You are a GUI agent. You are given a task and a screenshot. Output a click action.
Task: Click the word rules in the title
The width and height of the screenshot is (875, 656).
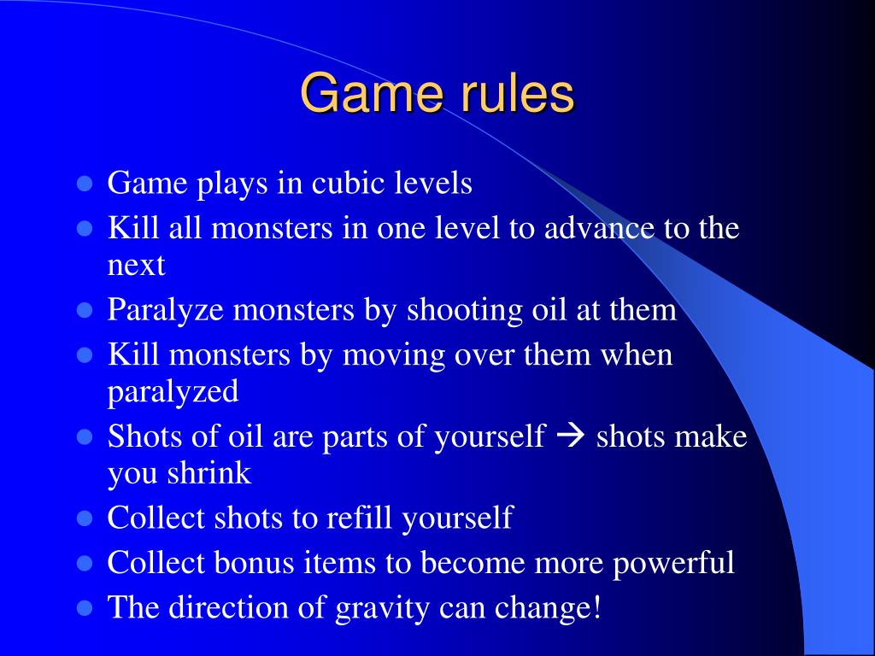519,93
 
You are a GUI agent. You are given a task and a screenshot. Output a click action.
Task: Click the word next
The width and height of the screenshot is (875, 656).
136,266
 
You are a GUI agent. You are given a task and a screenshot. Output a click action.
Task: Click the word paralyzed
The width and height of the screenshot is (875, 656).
173,392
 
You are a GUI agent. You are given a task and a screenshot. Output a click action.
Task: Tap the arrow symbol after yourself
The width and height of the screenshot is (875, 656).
569,436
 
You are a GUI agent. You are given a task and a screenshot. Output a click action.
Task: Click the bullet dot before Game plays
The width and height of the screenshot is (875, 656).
85,184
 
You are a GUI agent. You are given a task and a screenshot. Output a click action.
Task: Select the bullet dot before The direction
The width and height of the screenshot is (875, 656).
85,607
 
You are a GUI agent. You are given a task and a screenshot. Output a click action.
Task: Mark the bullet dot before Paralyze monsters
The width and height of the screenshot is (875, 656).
85,310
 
